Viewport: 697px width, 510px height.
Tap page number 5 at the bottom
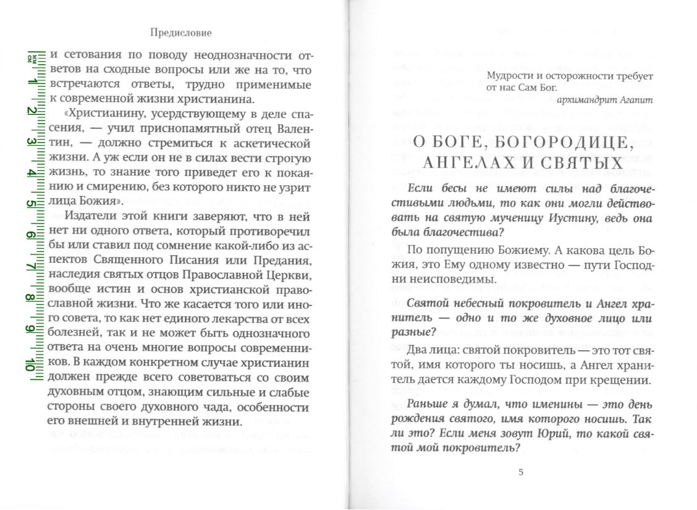520,473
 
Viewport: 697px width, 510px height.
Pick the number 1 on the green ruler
30,80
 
